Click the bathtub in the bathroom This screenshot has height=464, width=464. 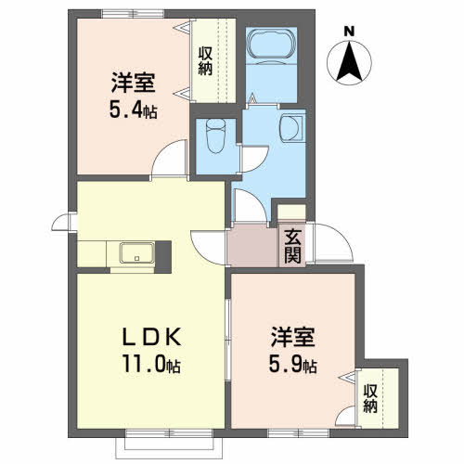(x=271, y=44)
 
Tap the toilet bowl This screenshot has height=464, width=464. (x=215, y=136)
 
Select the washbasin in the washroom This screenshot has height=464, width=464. (x=291, y=128)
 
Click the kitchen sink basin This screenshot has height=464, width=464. (x=137, y=252)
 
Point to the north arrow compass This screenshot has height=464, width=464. (x=349, y=62)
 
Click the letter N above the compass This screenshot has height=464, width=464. (x=349, y=32)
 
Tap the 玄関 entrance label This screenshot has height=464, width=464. (x=292, y=247)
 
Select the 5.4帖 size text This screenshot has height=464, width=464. (x=134, y=110)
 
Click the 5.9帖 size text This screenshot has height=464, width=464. (x=292, y=365)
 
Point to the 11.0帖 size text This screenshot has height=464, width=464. (x=151, y=363)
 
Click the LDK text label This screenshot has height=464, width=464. (x=151, y=337)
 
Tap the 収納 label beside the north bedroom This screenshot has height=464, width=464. (x=205, y=61)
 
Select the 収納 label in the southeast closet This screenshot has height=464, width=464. (x=370, y=398)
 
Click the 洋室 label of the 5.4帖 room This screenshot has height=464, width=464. (x=134, y=83)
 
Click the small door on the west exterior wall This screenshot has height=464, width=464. (x=64, y=222)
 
